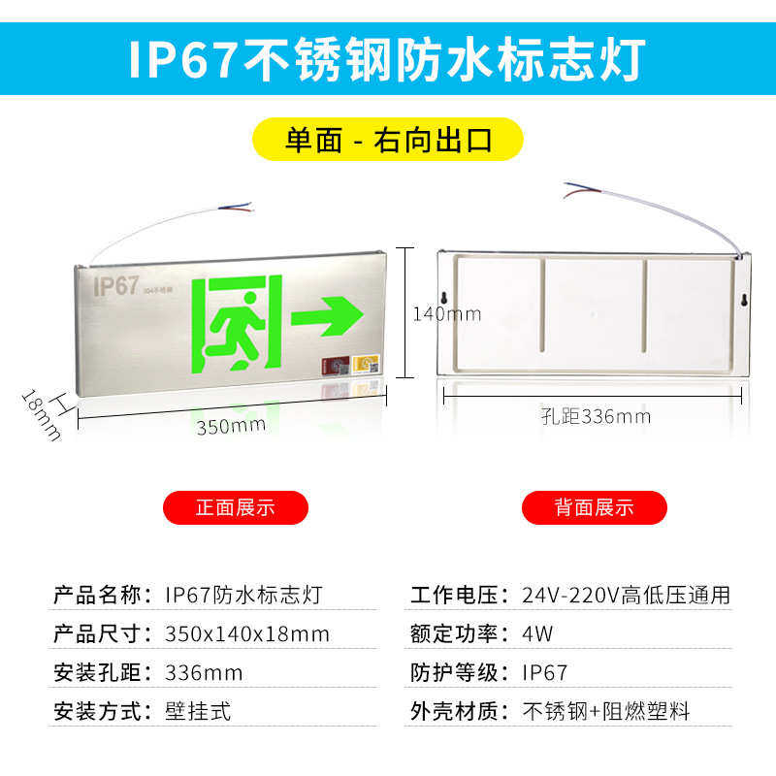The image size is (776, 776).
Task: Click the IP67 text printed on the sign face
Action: (x=115, y=287)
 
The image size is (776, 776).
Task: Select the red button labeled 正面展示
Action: (x=236, y=507)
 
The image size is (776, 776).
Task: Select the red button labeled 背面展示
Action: (x=595, y=507)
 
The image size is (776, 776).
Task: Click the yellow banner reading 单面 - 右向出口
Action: (x=388, y=140)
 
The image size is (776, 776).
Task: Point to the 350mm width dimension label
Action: (x=231, y=426)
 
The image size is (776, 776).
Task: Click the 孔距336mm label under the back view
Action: (x=596, y=417)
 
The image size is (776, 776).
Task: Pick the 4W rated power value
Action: (x=538, y=634)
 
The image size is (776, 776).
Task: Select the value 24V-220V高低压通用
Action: (x=626, y=596)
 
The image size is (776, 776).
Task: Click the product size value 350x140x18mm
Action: (x=247, y=634)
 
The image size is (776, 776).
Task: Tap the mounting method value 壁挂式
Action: (x=199, y=711)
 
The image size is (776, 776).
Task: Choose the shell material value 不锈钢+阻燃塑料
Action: (x=606, y=711)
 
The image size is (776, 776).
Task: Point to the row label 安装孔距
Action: (x=100, y=673)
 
